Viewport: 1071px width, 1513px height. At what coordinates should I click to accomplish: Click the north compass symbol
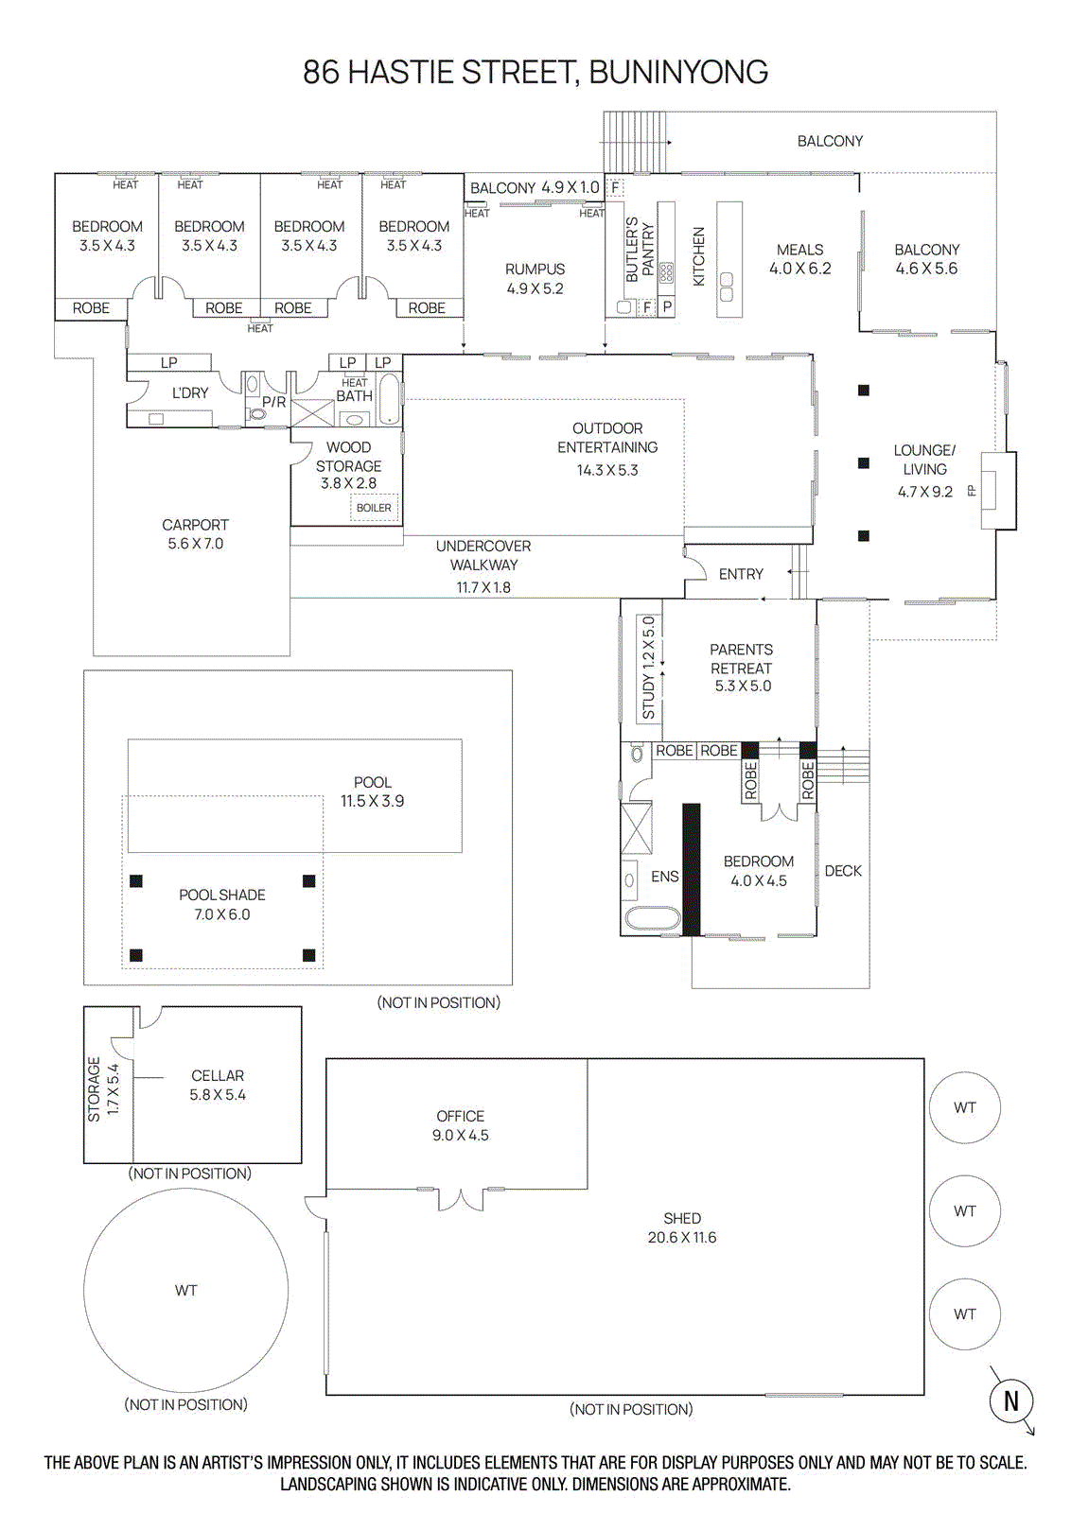point(1010,1400)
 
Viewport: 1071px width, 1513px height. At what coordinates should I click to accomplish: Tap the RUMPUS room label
point(535,270)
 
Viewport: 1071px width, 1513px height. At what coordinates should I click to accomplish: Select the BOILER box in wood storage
point(374,508)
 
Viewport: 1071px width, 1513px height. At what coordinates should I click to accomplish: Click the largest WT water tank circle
point(185,1290)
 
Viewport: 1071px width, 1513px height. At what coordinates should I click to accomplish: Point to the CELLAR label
point(218,1076)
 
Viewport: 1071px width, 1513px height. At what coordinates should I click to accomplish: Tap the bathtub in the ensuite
point(652,918)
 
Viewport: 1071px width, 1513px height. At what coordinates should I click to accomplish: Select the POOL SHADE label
point(222,896)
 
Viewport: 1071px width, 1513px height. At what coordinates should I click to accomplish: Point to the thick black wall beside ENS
point(692,869)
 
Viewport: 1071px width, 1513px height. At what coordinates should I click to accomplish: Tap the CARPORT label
point(195,525)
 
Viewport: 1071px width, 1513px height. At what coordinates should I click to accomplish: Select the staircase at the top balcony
point(634,141)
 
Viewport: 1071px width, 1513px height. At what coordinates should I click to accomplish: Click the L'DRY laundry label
point(190,392)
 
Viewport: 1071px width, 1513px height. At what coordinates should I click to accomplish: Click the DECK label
point(843,871)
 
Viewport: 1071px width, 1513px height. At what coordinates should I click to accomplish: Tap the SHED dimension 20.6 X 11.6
point(682,1238)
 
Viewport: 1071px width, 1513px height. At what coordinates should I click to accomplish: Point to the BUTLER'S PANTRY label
point(640,250)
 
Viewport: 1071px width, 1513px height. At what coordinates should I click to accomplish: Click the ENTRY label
point(741,574)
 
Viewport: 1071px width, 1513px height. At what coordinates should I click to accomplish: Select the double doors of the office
point(461,1200)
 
